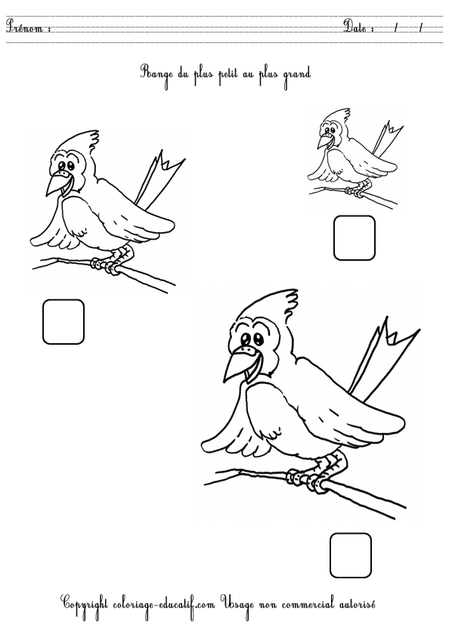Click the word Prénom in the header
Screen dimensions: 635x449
point(27,28)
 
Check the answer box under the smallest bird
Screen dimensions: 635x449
point(355,238)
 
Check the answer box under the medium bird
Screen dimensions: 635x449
point(63,321)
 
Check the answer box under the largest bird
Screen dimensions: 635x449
point(351,555)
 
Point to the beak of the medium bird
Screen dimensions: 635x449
point(54,184)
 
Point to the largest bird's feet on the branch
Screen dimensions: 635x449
point(310,477)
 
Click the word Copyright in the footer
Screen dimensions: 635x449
point(89,604)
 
